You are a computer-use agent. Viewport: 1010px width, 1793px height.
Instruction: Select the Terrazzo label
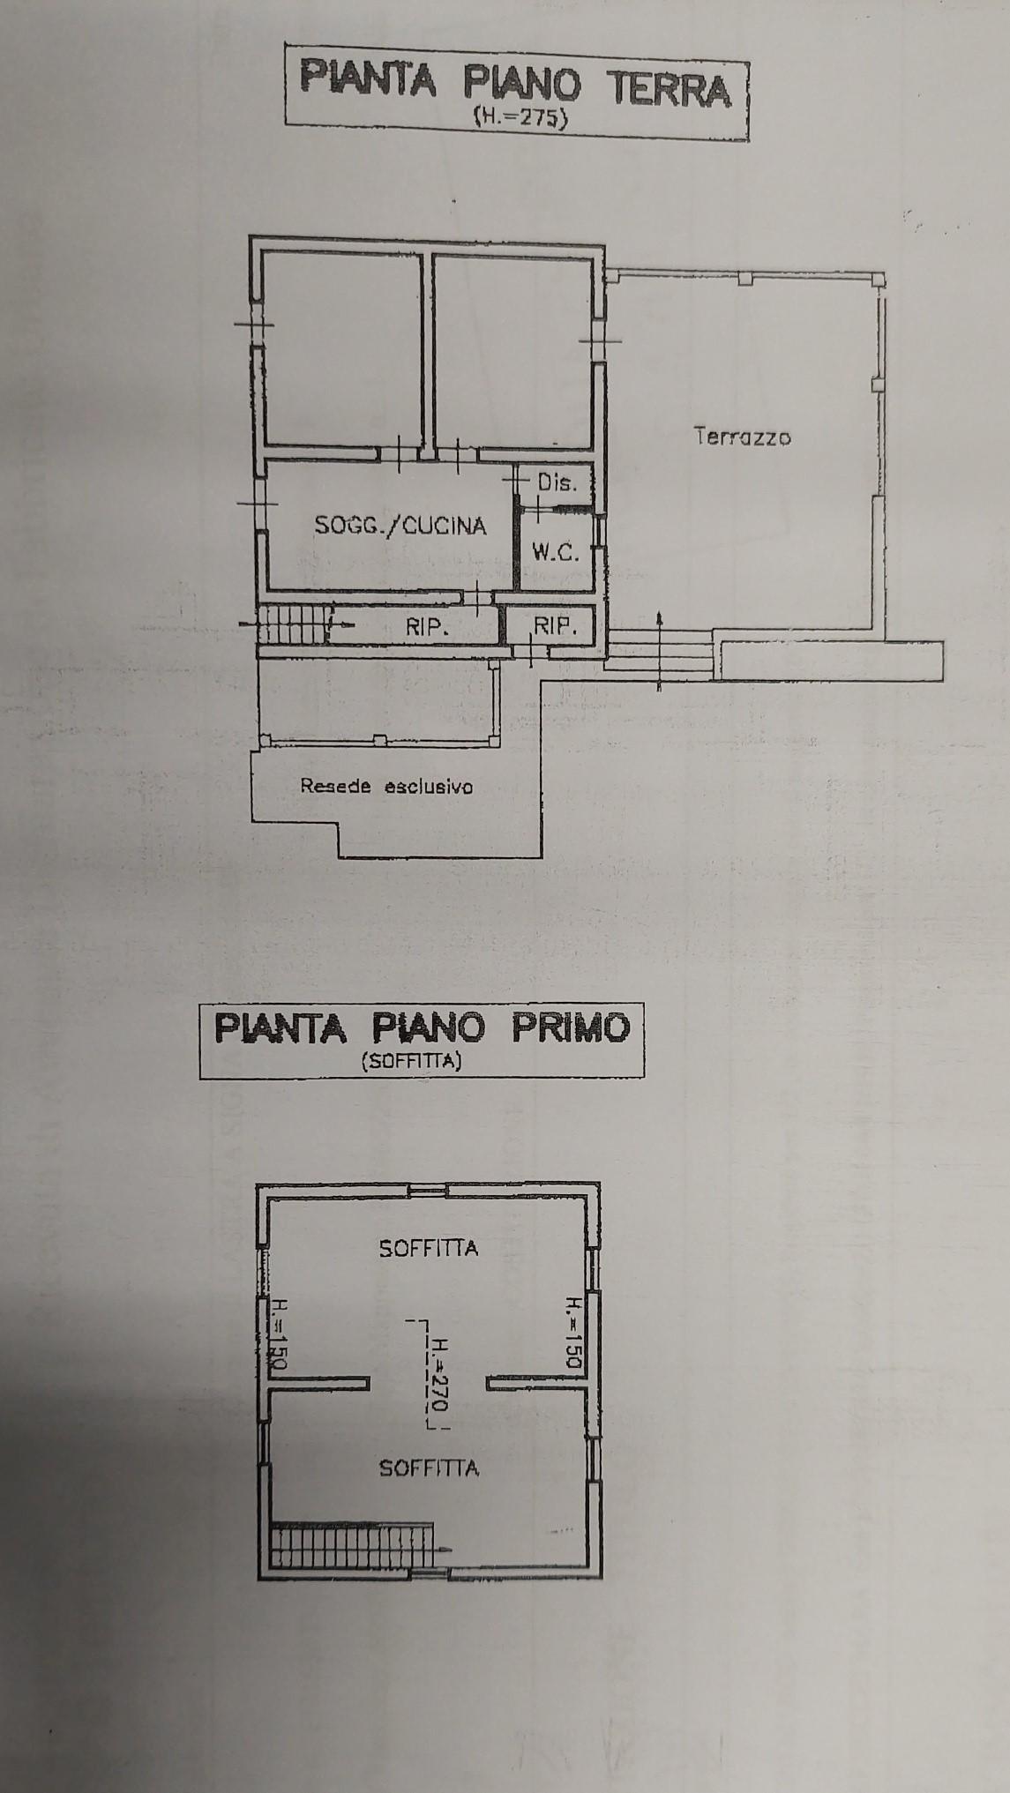[742, 436]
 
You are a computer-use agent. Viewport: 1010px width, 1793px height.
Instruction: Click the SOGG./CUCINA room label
[400, 526]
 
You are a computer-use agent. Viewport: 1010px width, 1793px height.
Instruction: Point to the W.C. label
[555, 553]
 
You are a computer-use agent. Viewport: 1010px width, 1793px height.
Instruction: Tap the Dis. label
[557, 482]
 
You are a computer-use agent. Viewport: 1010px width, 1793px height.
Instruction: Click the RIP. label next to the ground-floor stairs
[428, 627]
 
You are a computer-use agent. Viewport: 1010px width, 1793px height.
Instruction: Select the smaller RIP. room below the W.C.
[555, 626]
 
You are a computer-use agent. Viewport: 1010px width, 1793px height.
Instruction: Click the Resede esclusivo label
[386, 786]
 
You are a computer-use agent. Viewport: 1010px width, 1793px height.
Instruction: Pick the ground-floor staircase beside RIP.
[292, 624]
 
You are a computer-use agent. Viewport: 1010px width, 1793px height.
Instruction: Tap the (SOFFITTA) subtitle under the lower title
[411, 1062]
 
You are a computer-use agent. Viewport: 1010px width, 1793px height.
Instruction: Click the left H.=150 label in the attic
[276, 1333]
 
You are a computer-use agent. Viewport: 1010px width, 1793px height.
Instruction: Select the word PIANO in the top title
[522, 86]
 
